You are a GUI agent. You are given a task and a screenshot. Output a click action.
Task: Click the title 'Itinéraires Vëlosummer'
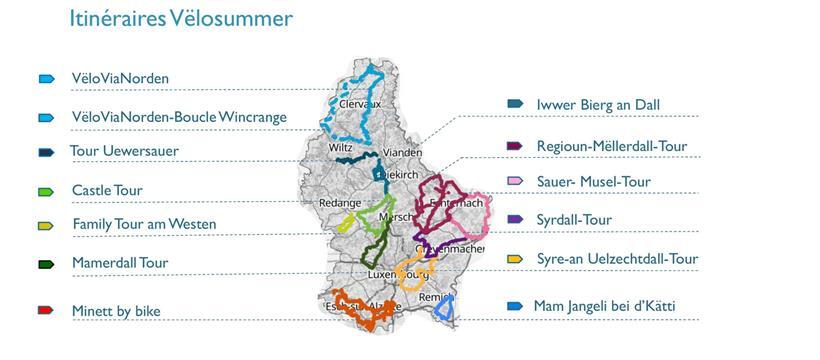tap(180, 18)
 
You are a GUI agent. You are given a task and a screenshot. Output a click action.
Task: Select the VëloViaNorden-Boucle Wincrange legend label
tap(179, 117)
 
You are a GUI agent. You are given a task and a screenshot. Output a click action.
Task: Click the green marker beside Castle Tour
tap(45, 190)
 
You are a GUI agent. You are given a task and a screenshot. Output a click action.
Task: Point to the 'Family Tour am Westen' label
tap(144, 224)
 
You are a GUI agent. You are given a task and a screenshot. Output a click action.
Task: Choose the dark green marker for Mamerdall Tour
tap(45, 264)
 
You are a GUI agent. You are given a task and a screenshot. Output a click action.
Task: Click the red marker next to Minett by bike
tap(45, 311)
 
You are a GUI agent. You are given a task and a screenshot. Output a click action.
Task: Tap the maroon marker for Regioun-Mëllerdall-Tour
tap(516, 146)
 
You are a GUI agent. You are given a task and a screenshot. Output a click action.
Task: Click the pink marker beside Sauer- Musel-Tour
tap(516, 181)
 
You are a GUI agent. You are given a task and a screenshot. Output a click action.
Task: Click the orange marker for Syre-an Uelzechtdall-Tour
tap(516, 259)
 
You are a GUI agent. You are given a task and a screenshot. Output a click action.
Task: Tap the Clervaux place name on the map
tap(361, 103)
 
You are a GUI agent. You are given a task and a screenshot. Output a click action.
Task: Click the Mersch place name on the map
tap(396, 216)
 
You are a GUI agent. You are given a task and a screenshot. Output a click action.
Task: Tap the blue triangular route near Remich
tap(445, 308)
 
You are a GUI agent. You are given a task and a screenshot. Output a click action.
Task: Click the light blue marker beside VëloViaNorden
tap(45, 78)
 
